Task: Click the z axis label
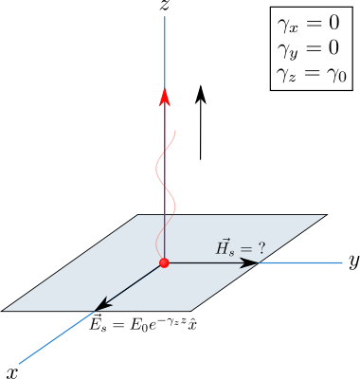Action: (164, 6)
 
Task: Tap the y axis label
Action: (354, 262)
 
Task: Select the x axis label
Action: (12, 373)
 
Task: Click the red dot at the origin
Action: (164, 262)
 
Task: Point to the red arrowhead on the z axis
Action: (165, 97)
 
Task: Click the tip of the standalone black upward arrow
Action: (201, 85)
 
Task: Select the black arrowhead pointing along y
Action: (249, 262)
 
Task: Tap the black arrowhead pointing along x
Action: (103, 305)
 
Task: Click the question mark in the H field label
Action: (261, 249)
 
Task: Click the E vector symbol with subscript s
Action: (98, 323)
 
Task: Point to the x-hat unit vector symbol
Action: (192, 325)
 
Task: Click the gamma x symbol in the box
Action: (287, 26)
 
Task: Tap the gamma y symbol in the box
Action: (287, 50)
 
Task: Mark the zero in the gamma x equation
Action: (333, 24)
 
